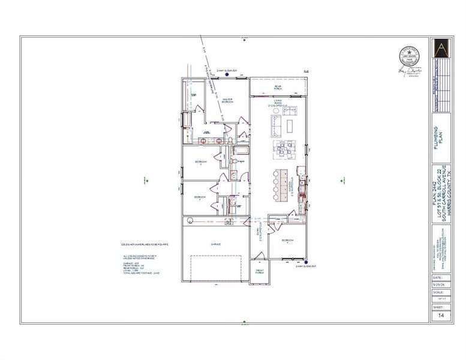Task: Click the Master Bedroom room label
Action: pyautogui.click(x=227, y=101)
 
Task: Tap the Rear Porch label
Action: pyautogui.click(x=278, y=88)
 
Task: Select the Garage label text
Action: pyautogui.click(x=216, y=244)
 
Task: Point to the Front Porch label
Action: pyautogui.click(x=260, y=271)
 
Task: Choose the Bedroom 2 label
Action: pyautogui.click(x=201, y=163)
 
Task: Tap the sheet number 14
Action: pyautogui.click(x=441, y=315)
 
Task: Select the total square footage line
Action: pyautogui.click(x=142, y=273)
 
